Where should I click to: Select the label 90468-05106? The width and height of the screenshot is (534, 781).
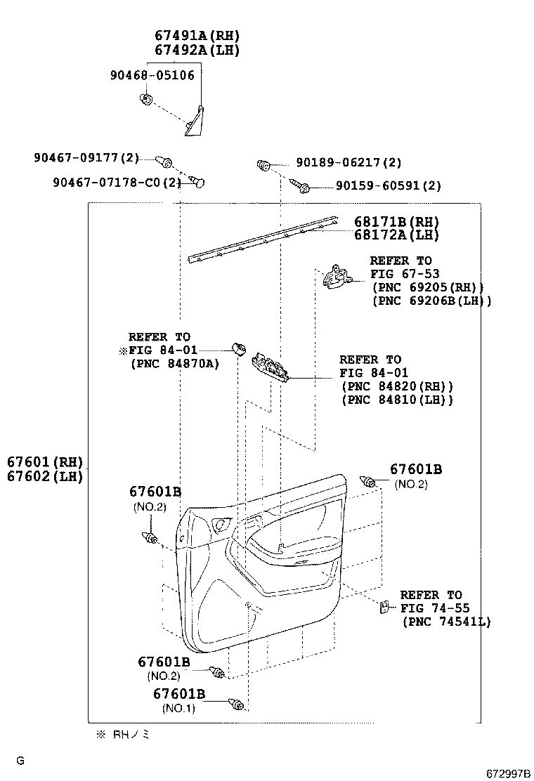(152, 75)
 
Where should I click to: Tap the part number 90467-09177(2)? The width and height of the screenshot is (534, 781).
(86, 158)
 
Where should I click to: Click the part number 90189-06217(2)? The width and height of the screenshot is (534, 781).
(349, 162)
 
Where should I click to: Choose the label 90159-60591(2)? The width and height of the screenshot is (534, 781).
(389, 186)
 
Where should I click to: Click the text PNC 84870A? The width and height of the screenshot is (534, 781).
(175, 363)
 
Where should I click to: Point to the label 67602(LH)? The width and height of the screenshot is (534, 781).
(45, 476)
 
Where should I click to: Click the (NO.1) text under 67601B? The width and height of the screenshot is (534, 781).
(178, 708)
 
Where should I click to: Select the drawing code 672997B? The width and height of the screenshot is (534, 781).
(507, 773)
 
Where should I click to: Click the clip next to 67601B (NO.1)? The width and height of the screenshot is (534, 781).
(239, 703)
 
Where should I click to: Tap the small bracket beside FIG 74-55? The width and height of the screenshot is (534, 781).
(384, 607)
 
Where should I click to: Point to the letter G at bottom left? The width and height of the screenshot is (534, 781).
(20, 760)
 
